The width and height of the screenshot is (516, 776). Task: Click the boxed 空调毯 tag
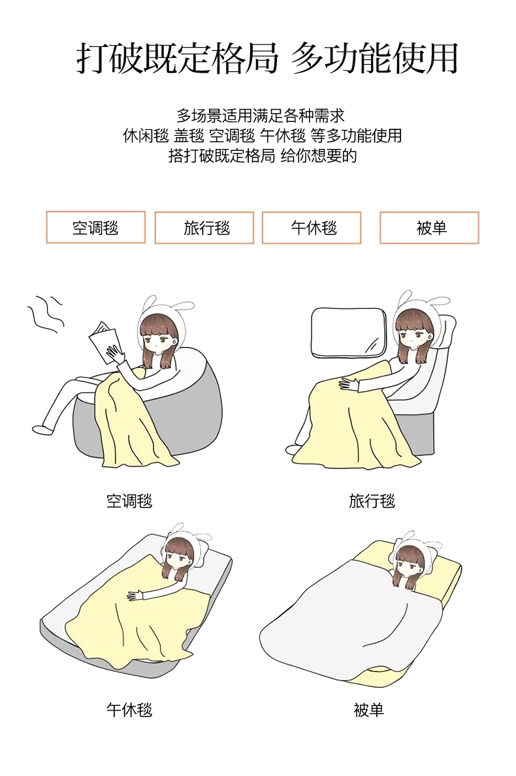95,227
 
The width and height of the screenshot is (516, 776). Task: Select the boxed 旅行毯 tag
204,228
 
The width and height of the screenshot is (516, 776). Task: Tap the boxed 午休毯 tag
312,228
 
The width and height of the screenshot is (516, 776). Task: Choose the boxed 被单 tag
429,228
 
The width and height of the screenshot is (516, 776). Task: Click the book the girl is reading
104,342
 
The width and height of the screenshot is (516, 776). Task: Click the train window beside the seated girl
348,332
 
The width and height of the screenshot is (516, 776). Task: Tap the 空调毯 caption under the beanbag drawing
129,501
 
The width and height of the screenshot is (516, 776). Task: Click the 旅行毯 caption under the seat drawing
372,501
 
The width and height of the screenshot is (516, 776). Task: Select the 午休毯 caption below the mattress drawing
129,709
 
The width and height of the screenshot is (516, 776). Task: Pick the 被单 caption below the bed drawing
369,709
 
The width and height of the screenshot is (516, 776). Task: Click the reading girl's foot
42,429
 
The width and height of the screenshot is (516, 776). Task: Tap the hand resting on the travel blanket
348,383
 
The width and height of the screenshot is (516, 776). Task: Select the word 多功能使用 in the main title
374,58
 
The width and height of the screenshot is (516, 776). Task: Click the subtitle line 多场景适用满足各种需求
261,116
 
